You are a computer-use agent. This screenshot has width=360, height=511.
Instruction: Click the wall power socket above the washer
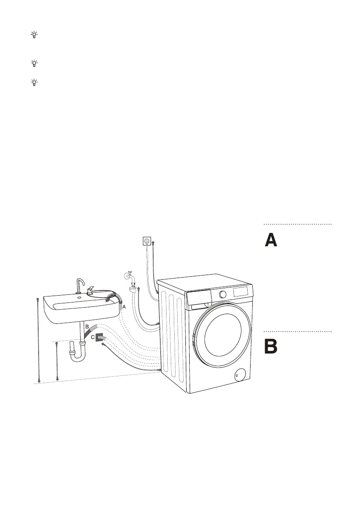pos(147,242)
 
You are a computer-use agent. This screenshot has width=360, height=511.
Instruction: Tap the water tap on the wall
pos(130,276)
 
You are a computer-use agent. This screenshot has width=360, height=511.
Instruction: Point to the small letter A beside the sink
pos(124,308)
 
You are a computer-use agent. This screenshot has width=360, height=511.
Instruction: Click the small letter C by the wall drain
pos(93,338)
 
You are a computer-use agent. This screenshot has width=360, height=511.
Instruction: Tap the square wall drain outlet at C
pos(100,338)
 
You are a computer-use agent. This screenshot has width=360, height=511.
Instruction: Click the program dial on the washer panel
pos(222,294)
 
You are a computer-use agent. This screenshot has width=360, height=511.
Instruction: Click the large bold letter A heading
pos(270,240)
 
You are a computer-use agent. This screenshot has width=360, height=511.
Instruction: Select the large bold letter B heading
pos(270,347)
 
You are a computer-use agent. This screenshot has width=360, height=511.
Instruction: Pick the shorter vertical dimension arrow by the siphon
pos(57,361)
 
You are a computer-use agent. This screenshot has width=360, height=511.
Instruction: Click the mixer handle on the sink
pos(91,291)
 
